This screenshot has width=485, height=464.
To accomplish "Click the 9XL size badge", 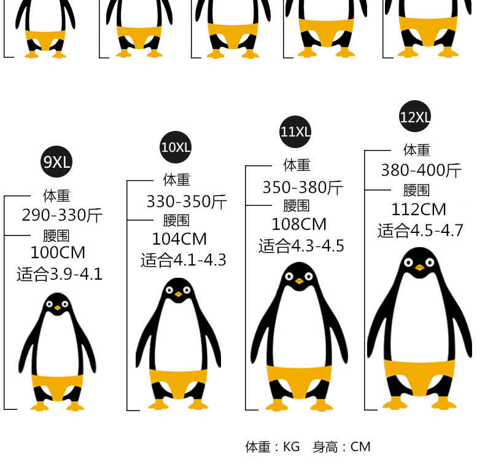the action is [x=56, y=162].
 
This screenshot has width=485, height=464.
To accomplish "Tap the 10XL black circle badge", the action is [x=176, y=147].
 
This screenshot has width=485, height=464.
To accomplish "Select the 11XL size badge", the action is [x=296, y=132].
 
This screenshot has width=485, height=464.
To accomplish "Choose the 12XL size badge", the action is [x=415, y=117].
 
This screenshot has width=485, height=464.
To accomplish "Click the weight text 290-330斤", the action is [x=62, y=216].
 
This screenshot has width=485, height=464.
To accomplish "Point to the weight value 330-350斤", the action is [x=187, y=201].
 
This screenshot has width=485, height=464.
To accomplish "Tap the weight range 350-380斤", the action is [x=303, y=187].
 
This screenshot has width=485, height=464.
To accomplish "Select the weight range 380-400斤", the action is [x=421, y=171].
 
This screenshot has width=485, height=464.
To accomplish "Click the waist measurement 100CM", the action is [x=58, y=253].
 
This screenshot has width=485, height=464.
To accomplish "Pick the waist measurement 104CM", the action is [x=179, y=239].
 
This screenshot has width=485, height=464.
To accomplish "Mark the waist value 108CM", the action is [x=299, y=224].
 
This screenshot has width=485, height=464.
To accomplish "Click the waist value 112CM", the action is [x=419, y=210].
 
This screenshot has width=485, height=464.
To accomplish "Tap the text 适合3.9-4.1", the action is [x=60, y=274].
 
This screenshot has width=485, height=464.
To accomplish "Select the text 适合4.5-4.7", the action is [x=421, y=230].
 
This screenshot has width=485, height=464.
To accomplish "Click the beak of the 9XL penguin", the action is [x=58, y=307].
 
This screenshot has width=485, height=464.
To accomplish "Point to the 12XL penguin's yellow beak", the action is [x=419, y=267].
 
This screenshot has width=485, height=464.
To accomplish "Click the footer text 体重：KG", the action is [x=273, y=447].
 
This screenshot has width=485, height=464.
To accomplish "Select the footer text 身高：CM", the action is [x=341, y=447].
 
